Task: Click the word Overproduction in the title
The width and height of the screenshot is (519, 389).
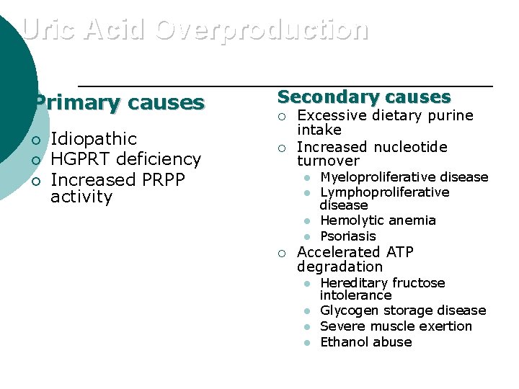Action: click(x=261, y=30)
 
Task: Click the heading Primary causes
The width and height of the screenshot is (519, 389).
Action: click(x=120, y=103)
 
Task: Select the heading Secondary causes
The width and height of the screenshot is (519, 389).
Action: click(x=364, y=97)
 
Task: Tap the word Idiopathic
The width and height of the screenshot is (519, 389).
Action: click(x=94, y=138)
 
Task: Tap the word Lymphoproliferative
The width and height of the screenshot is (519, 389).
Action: click(x=384, y=192)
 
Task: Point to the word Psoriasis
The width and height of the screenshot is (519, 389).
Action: click(x=348, y=236)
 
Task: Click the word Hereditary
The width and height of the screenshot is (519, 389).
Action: click(x=352, y=283)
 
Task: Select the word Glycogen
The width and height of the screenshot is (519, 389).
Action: click(x=348, y=310)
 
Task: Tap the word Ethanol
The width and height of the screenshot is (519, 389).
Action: click(x=343, y=342)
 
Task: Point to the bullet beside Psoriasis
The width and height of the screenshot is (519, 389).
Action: click(x=306, y=236)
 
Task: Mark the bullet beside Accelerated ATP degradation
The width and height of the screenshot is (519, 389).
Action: click(x=283, y=253)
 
